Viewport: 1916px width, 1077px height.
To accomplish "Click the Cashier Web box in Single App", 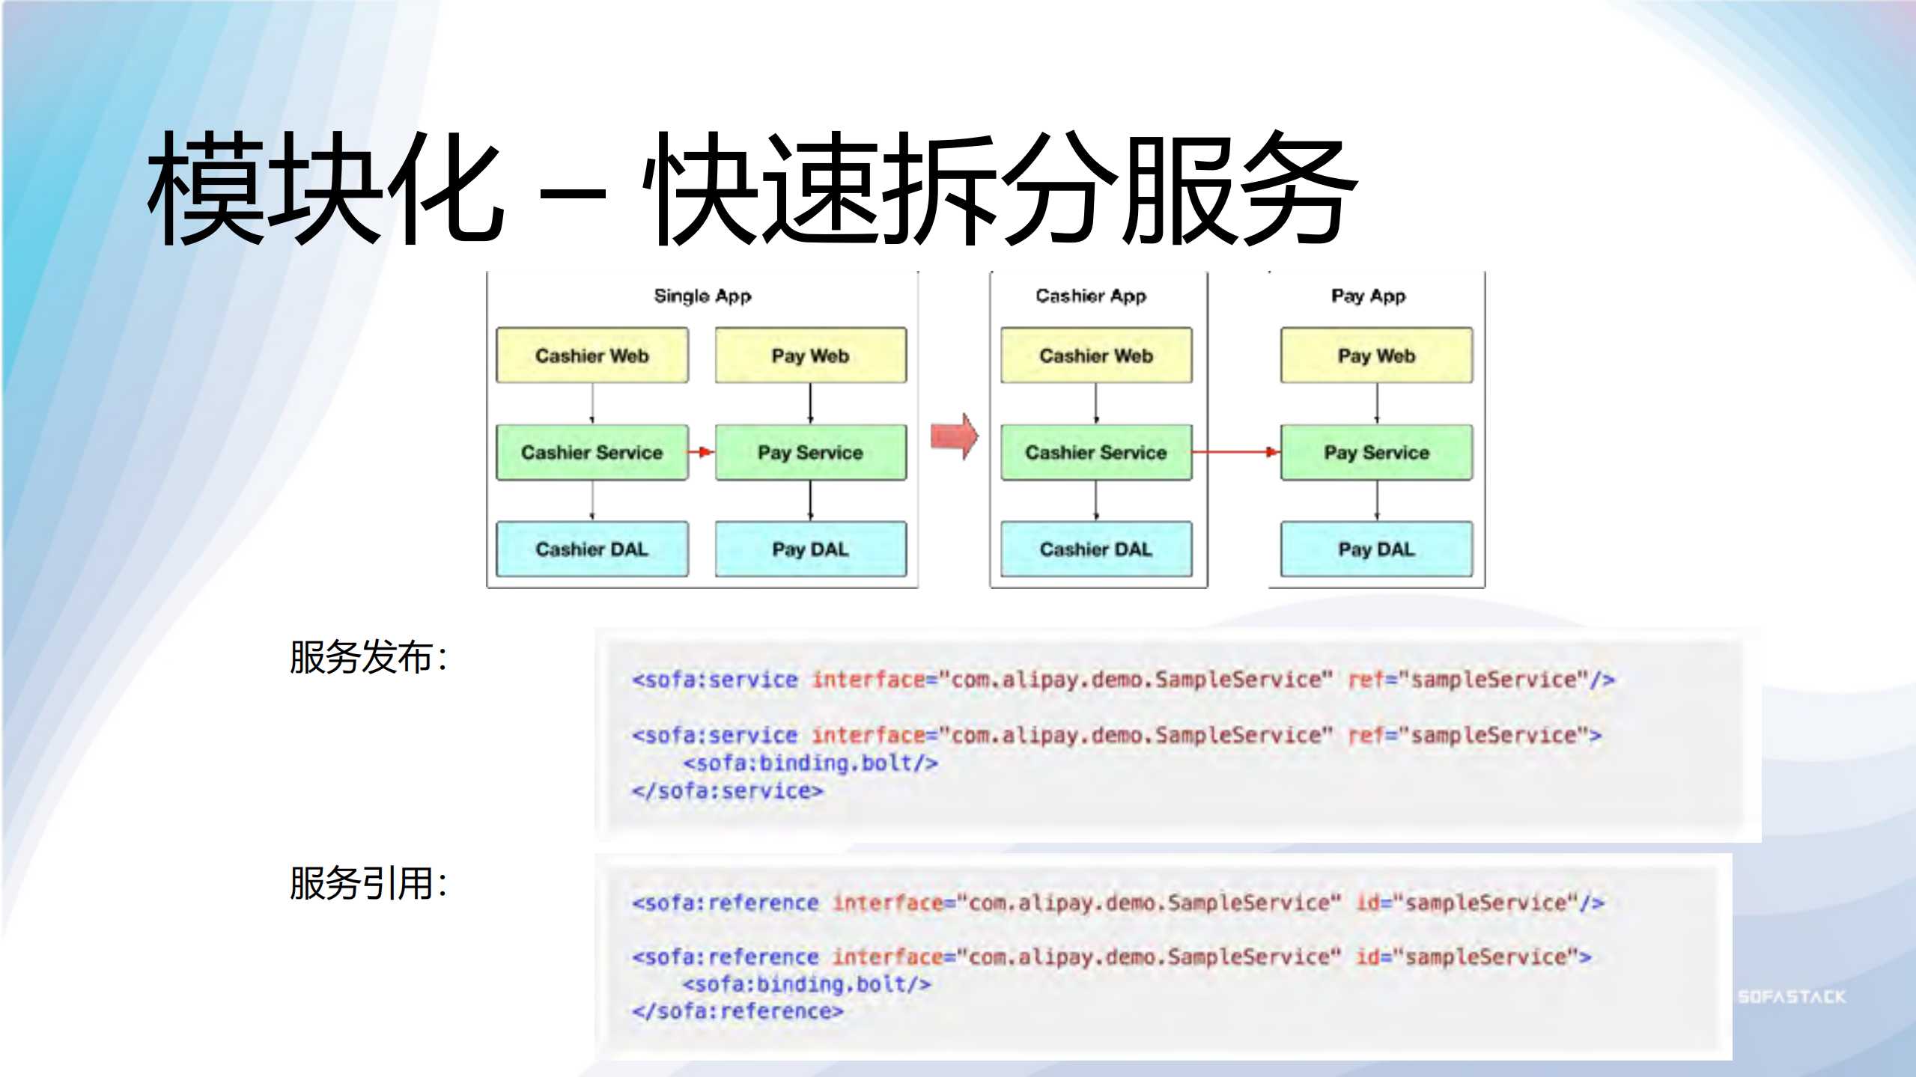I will pyautogui.click(x=591, y=356).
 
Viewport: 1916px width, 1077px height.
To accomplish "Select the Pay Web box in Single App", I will pyautogui.click(x=810, y=356).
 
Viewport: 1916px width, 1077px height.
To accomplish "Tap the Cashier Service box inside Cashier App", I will pyautogui.click(x=1095, y=452).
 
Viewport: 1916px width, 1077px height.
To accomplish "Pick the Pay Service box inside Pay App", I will pyautogui.click(x=1376, y=452).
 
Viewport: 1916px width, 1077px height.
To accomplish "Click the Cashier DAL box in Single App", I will pyautogui.click(x=591, y=549).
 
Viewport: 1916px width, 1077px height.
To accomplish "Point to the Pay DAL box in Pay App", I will pyautogui.click(x=1376, y=549).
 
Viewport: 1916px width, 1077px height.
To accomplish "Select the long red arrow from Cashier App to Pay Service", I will pyautogui.click(x=1235, y=452).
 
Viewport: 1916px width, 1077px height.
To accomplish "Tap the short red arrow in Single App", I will pyautogui.click(x=701, y=452).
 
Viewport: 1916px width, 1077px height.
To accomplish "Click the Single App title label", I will pyautogui.click(x=702, y=296).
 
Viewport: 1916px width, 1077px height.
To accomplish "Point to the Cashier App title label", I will pyautogui.click(x=1091, y=296).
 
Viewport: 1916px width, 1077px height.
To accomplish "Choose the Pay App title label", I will pyautogui.click(x=1368, y=296).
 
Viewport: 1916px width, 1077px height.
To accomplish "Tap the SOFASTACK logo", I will pyautogui.click(x=1792, y=997).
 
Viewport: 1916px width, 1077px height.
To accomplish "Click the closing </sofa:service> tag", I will pyautogui.click(x=727, y=791).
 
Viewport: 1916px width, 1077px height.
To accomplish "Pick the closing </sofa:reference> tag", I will pyautogui.click(x=737, y=1012).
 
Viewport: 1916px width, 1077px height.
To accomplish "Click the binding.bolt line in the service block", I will pyautogui.click(x=810, y=763).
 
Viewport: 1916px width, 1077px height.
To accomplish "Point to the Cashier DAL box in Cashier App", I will pyautogui.click(x=1095, y=549).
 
